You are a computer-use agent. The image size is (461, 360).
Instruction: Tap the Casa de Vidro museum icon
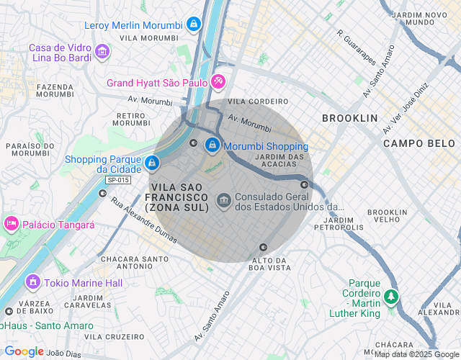pos(102,52)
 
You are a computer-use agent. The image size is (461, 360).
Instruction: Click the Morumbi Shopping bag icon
pos(212,145)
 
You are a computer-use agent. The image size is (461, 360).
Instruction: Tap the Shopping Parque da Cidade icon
pos(151,163)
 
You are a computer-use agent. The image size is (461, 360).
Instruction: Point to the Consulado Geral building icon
pos(223,198)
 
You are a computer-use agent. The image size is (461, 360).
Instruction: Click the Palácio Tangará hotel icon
pos(11,224)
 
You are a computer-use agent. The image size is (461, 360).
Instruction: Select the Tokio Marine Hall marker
pos(32,282)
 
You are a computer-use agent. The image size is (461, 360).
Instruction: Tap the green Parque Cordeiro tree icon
pos(390,296)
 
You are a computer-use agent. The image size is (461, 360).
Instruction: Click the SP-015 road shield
pos(117,180)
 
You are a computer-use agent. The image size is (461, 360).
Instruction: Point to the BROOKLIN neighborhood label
pos(349,117)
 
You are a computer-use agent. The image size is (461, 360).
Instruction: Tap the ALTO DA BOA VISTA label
pos(269,264)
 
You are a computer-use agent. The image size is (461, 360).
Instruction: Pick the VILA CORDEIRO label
pos(248,102)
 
